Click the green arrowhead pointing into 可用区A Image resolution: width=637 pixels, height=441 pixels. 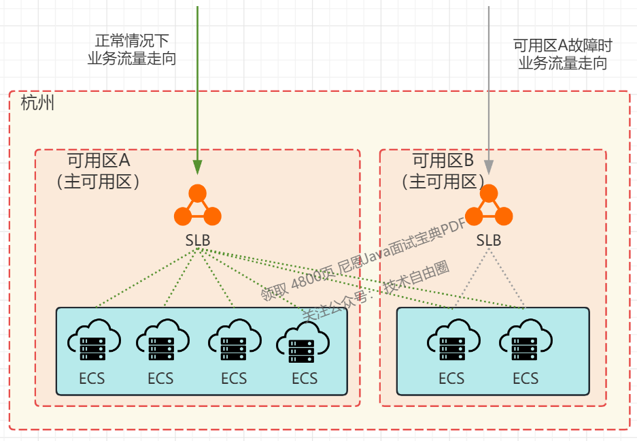click(197, 167)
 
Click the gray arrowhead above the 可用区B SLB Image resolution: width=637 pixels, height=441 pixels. click(488, 167)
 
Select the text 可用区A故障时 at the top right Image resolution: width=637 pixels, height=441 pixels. click(563, 46)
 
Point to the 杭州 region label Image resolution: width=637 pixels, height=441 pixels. click(37, 104)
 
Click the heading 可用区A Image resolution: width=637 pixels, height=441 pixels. click(99, 161)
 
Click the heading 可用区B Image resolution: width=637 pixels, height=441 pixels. click(443, 161)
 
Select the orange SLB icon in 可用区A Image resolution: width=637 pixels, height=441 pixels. click(198, 207)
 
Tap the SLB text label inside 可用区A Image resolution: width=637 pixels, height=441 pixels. click(198, 240)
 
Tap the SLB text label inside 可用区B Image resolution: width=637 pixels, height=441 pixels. click(488, 240)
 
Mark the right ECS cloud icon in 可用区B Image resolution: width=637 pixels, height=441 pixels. click(525, 341)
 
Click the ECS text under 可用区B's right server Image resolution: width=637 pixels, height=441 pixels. click(525, 378)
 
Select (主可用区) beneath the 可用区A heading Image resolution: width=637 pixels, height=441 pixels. click(99, 182)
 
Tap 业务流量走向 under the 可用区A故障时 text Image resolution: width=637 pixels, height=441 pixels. click(563, 64)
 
